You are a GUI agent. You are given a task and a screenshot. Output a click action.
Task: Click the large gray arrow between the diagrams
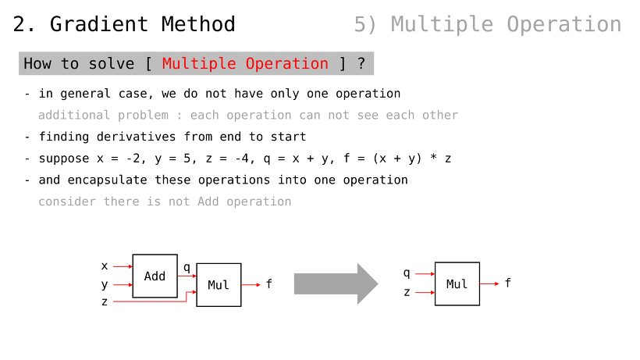[x=336, y=283]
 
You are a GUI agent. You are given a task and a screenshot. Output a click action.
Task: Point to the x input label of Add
[x=105, y=266]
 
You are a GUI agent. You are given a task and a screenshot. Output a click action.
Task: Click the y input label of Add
[x=105, y=284]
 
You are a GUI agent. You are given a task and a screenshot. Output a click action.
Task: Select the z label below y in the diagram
[x=105, y=302]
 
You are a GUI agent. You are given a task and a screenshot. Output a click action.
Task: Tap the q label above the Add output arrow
[x=187, y=267]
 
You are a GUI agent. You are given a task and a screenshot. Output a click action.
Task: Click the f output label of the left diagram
[x=269, y=283]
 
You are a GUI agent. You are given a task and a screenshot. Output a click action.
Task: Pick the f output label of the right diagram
[x=508, y=283]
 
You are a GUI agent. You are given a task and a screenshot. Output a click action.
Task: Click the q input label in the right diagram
[x=407, y=273]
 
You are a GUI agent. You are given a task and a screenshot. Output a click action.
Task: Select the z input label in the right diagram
[x=407, y=292]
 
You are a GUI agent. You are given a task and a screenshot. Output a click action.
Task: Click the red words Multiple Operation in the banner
[x=245, y=64]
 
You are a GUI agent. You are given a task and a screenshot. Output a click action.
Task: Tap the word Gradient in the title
[x=99, y=24]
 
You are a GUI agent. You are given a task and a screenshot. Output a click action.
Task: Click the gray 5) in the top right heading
[x=365, y=24]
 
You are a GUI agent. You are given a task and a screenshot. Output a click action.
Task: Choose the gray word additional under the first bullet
[x=74, y=115]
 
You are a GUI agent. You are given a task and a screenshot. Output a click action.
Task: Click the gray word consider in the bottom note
[x=67, y=201]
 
